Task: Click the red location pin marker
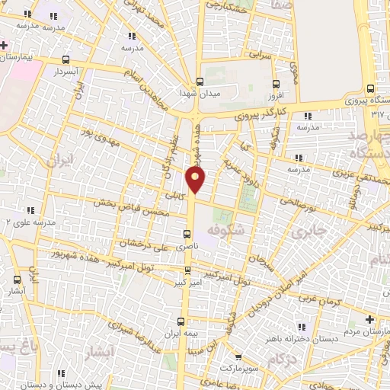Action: point(196,180)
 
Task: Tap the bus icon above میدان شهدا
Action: point(200,82)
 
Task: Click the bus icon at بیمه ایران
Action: point(181,321)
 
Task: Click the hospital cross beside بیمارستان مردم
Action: point(370,318)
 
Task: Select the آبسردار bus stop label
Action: point(66,71)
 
